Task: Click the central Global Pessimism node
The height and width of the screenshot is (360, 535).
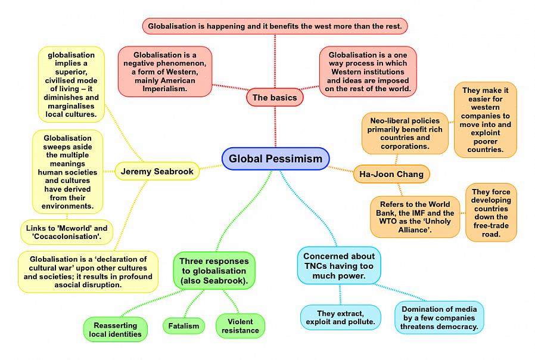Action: (275, 159)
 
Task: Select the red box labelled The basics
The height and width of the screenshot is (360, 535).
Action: (275, 97)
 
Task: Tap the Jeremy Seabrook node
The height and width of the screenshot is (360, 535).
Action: (157, 172)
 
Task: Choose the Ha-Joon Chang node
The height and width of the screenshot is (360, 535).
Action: (391, 174)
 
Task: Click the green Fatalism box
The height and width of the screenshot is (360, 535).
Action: (183, 325)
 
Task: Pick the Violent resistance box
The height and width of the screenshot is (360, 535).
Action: (240, 326)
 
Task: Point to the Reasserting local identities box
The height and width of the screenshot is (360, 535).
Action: (116, 330)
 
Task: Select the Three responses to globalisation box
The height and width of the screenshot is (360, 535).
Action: (214, 271)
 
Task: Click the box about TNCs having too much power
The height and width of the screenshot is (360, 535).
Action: (339, 265)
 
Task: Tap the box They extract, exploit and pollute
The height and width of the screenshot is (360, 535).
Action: (340, 318)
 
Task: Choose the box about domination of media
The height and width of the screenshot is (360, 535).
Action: (439, 318)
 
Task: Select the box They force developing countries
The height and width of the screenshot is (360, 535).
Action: (491, 213)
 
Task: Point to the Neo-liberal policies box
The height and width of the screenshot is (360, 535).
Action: (405, 134)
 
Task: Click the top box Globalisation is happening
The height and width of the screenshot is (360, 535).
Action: (275, 26)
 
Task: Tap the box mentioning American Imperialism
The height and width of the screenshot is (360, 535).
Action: (165, 72)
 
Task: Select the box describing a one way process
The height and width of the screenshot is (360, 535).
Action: (368, 72)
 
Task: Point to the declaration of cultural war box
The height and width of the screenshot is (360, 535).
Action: (88, 272)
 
